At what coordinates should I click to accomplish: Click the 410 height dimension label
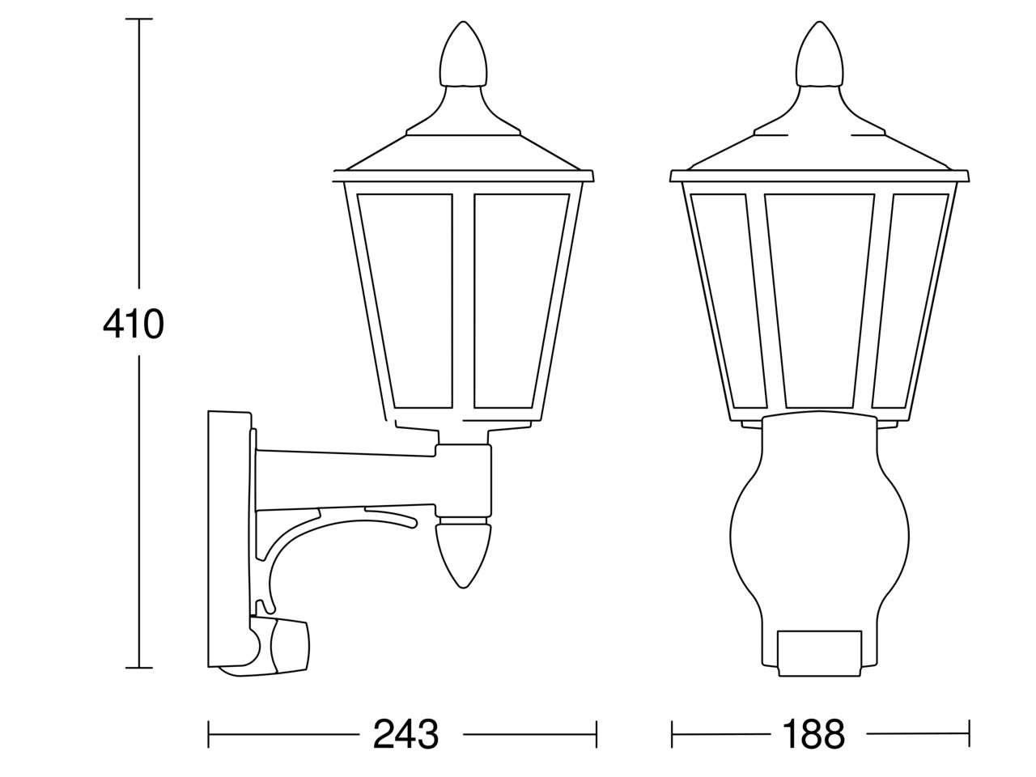134,324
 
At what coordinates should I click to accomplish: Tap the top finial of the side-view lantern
463,54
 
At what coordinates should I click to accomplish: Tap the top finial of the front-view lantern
819,54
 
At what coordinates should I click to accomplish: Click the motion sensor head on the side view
279,646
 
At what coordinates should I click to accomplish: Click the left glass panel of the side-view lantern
405,300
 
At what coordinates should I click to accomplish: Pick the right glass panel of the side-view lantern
521,300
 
